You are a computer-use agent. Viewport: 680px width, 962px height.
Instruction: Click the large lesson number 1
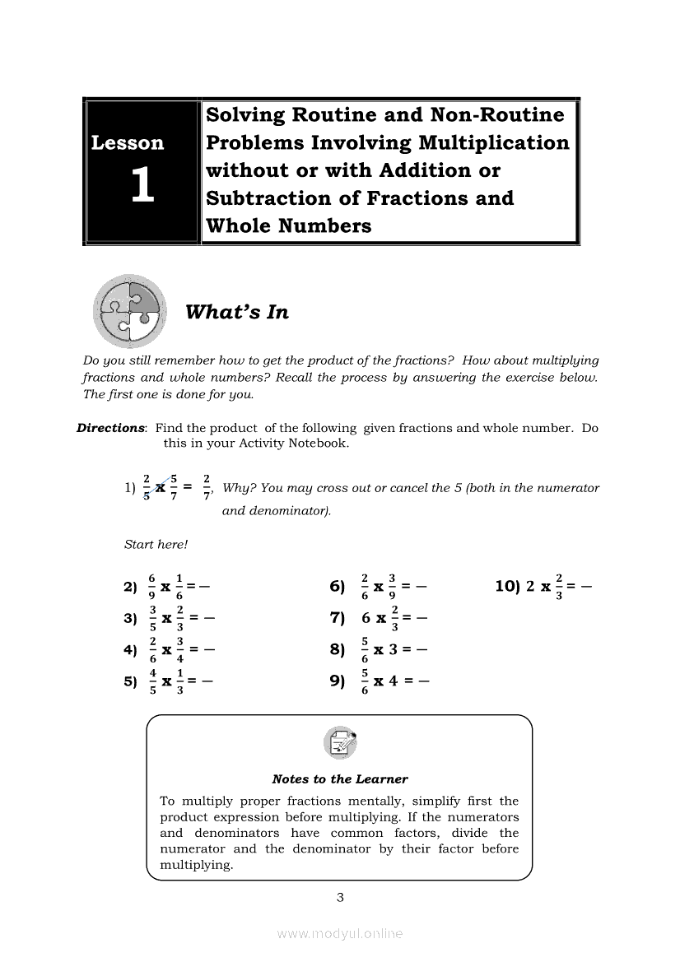pos(142,186)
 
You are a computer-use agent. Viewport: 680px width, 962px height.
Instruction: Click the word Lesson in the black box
pos(128,143)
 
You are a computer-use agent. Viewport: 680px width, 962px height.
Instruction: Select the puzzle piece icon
pos(129,313)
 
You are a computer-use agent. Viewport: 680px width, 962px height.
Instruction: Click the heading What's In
pos(237,313)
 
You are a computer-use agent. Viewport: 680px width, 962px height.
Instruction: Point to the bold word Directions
pos(110,428)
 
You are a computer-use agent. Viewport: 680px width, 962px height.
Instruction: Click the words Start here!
pos(156,544)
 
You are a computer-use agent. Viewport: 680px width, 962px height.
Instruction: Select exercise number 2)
pos(130,588)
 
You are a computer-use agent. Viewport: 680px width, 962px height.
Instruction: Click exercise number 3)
pos(130,619)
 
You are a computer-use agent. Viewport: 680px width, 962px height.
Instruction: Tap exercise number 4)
pos(130,650)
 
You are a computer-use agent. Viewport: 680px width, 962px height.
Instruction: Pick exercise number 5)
pos(130,681)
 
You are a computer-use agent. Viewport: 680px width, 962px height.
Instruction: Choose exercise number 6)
pos(337,588)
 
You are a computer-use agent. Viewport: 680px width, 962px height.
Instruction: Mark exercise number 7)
pos(337,619)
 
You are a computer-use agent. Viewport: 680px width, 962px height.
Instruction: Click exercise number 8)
pos(337,650)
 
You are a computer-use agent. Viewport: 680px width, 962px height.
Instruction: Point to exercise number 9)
pos(337,681)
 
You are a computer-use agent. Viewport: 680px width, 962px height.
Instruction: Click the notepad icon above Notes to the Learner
pos(340,744)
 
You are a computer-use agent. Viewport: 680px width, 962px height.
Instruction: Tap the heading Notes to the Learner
pos(340,779)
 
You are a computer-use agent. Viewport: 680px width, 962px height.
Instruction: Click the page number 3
pos(340,898)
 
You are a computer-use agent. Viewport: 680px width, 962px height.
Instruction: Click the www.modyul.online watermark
pos(340,934)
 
